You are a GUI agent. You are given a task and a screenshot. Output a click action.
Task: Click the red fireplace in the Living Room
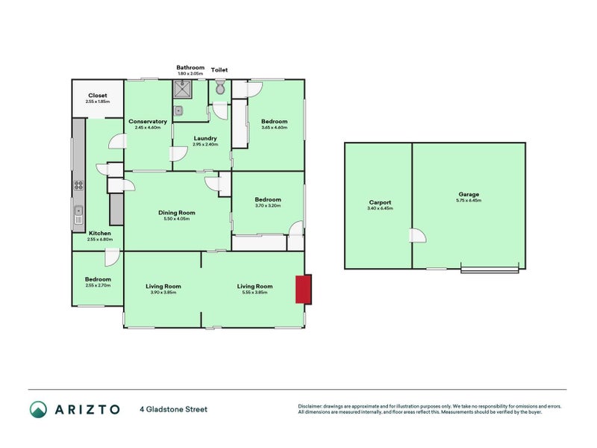[x=304, y=290]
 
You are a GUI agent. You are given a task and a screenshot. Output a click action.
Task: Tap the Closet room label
[x=98, y=96]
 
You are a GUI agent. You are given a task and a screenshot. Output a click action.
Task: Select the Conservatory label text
[x=147, y=122]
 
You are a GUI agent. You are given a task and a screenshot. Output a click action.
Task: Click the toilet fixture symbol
[x=219, y=89]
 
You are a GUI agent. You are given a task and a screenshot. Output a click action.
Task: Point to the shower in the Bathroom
[x=182, y=90]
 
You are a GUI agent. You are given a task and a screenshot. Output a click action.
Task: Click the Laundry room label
[x=204, y=138]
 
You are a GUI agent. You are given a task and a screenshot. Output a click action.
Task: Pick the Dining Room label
[x=177, y=213]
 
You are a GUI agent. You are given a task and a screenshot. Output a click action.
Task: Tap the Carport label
[x=380, y=202]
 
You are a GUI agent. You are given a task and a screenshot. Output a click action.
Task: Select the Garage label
[x=469, y=194]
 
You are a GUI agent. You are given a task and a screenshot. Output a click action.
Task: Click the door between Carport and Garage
[x=415, y=237]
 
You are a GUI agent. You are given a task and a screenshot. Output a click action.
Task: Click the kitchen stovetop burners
[x=77, y=185]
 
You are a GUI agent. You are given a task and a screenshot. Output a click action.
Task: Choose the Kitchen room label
[x=100, y=234]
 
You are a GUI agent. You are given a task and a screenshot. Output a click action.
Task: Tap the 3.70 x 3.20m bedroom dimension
[x=267, y=206]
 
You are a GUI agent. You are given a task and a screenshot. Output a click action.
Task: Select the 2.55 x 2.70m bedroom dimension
[x=98, y=286]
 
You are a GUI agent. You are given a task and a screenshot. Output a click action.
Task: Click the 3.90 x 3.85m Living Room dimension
[x=163, y=293]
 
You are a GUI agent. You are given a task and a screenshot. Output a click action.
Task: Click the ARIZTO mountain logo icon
[x=39, y=409]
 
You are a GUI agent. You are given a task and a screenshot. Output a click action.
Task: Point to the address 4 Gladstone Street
[x=173, y=409]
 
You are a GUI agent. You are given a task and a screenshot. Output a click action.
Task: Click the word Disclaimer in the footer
[x=312, y=406]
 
